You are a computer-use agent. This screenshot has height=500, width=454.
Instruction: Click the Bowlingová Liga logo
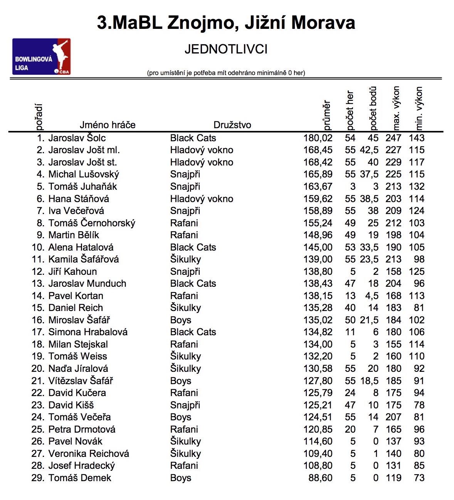click(x=41, y=57)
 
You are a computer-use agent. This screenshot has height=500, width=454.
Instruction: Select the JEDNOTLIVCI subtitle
click(x=226, y=50)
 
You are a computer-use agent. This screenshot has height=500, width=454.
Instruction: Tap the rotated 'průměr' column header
click(x=326, y=115)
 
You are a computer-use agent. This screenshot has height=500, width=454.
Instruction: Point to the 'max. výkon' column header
click(x=396, y=109)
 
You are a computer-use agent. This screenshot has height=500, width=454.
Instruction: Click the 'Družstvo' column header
click(x=232, y=125)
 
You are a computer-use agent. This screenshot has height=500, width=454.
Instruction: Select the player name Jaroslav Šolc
click(x=77, y=138)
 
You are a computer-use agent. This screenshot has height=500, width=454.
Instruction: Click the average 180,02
click(x=318, y=138)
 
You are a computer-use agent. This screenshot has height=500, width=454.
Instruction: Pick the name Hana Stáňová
click(x=79, y=199)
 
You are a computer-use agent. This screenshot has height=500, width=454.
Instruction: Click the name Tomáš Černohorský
click(x=92, y=223)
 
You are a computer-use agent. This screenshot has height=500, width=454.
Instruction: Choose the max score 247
click(x=393, y=138)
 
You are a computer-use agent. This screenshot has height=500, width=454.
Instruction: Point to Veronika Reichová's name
click(x=89, y=454)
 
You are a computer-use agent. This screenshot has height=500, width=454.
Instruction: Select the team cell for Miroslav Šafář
click(x=181, y=320)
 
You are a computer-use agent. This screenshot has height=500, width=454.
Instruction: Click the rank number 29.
click(x=38, y=478)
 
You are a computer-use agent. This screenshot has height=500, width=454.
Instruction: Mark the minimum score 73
click(x=419, y=478)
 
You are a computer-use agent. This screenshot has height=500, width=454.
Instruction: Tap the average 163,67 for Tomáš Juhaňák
click(x=318, y=187)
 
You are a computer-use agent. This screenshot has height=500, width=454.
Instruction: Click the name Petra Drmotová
click(x=82, y=430)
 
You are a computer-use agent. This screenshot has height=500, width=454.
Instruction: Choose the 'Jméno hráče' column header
click(x=108, y=125)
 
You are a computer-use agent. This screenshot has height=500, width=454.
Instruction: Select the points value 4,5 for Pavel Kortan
click(x=371, y=296)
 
